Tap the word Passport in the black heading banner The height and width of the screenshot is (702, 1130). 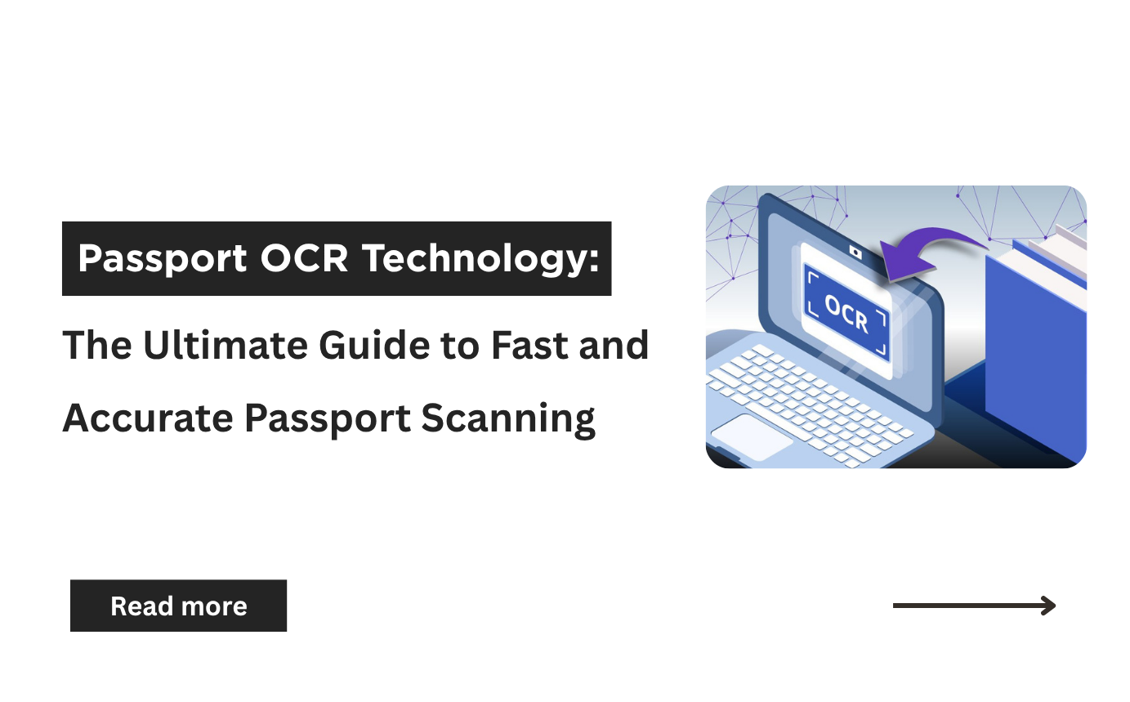[163, 259]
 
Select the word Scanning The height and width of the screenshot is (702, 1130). [508, 418]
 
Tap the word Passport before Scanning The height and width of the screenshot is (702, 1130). [327, 419]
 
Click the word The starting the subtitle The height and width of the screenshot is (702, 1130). [96, 345]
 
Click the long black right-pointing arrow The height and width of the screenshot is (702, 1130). [974, 606]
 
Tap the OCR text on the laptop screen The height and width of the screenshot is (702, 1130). [846, 313]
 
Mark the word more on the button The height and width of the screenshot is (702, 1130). [215, 606]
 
